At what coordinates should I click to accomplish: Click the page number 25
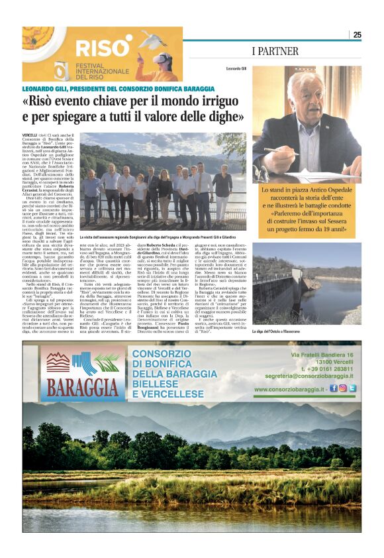pos(357,34)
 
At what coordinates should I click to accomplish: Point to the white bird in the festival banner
pos(154,41)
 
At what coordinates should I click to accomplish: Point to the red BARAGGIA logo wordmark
pos(73,387)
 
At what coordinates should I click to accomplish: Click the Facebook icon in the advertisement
pos(333,388)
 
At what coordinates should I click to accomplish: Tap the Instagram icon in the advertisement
pos(342,388)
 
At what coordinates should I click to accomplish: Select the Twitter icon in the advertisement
pos(352,388)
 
